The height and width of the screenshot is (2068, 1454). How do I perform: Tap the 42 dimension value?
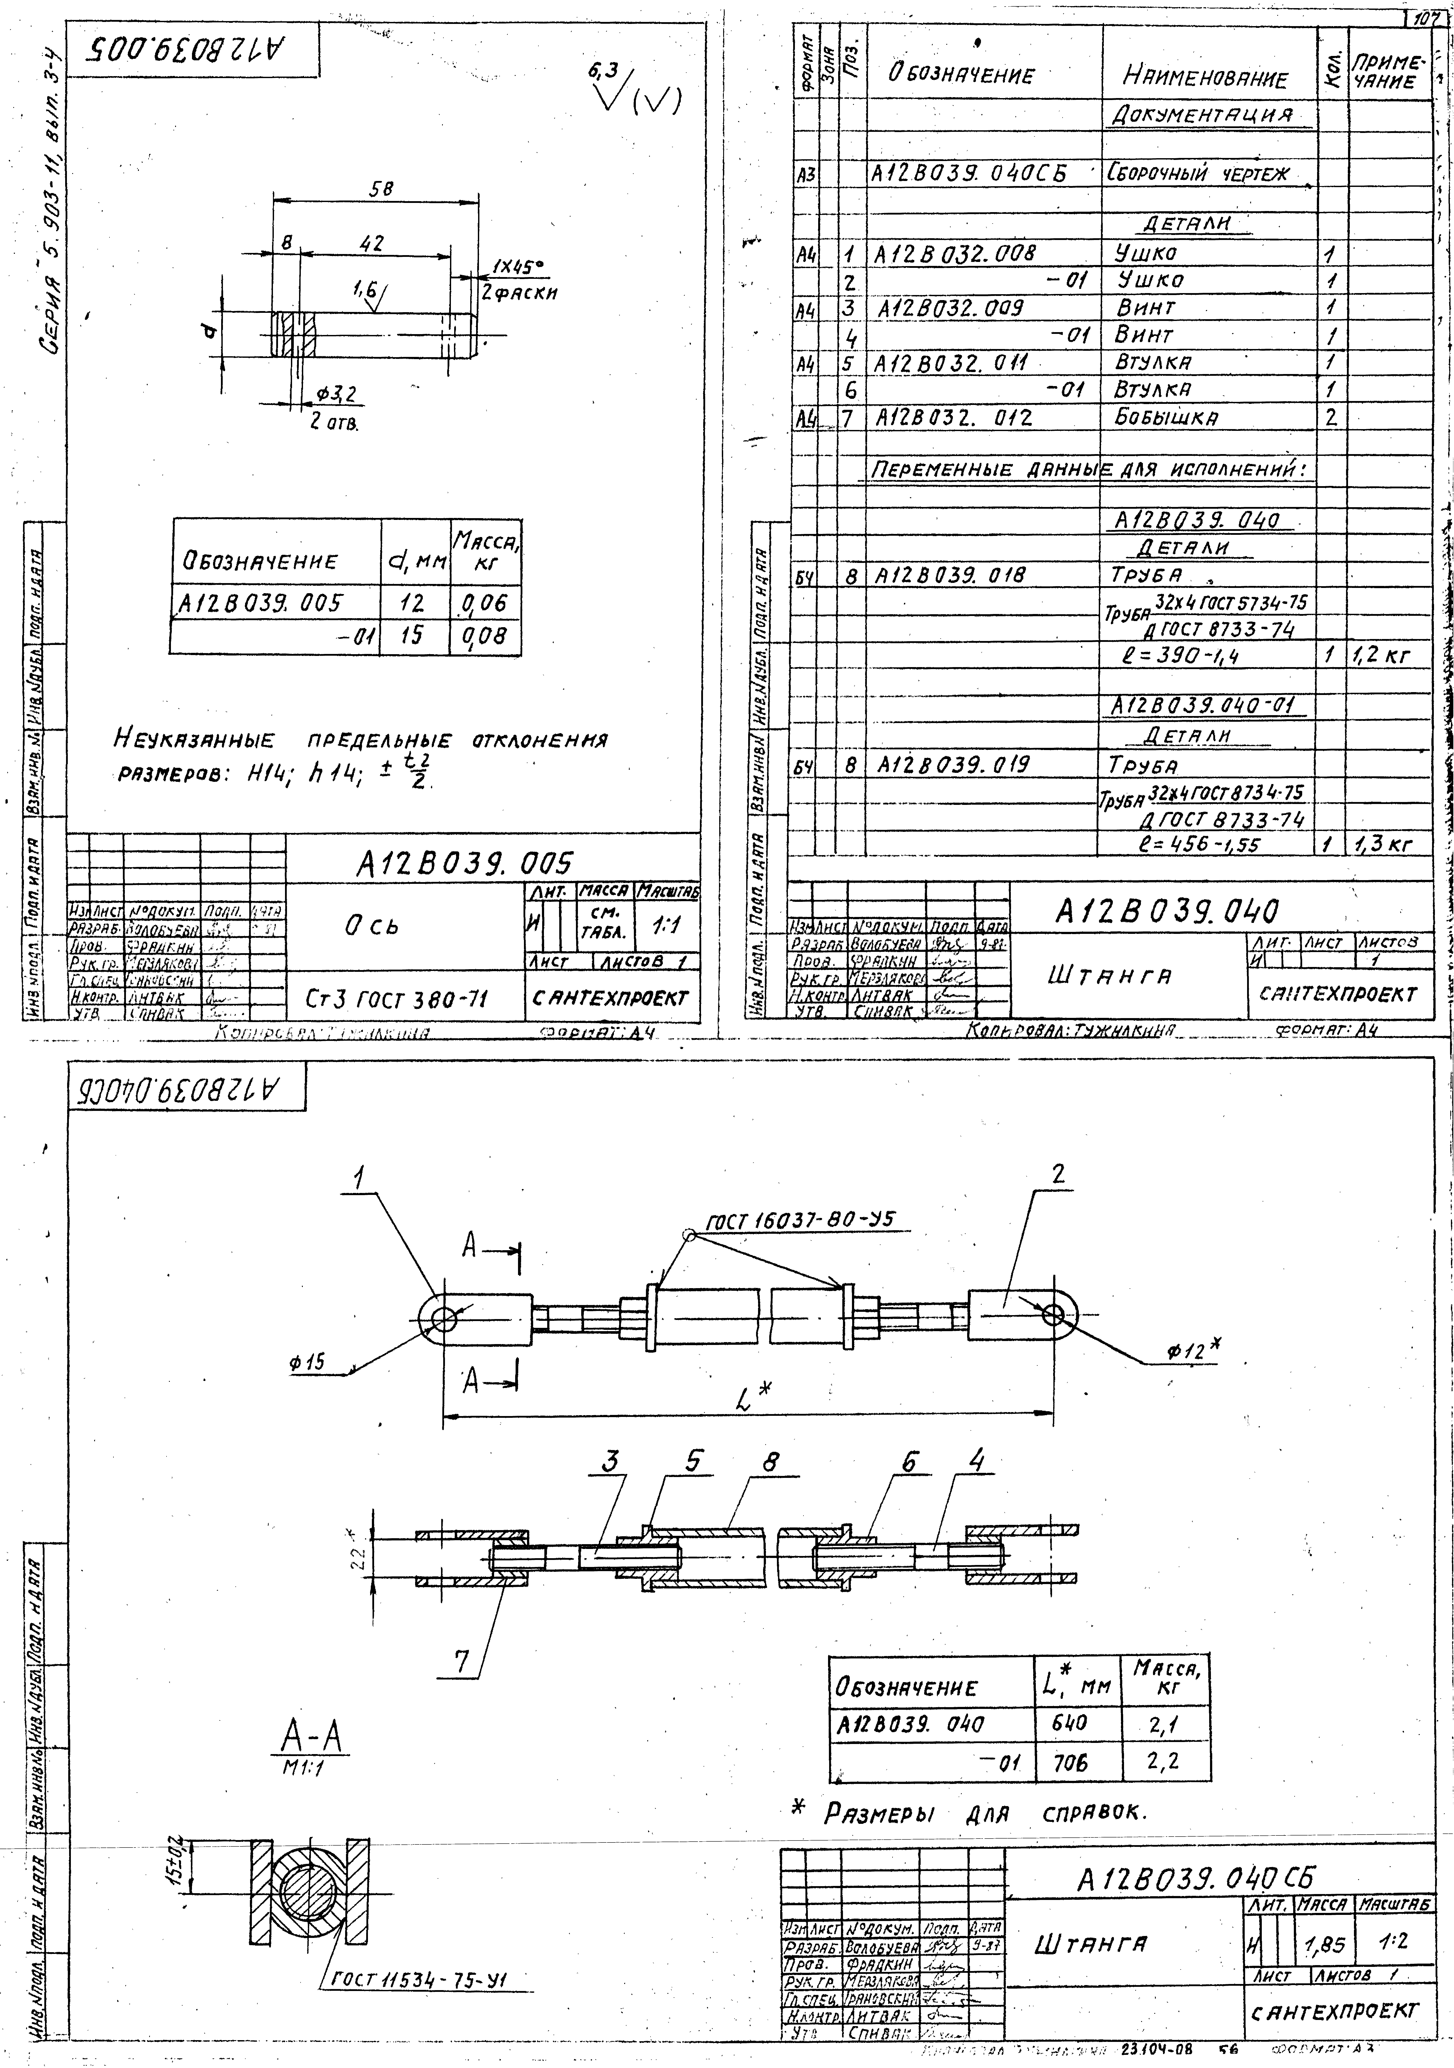372,244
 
